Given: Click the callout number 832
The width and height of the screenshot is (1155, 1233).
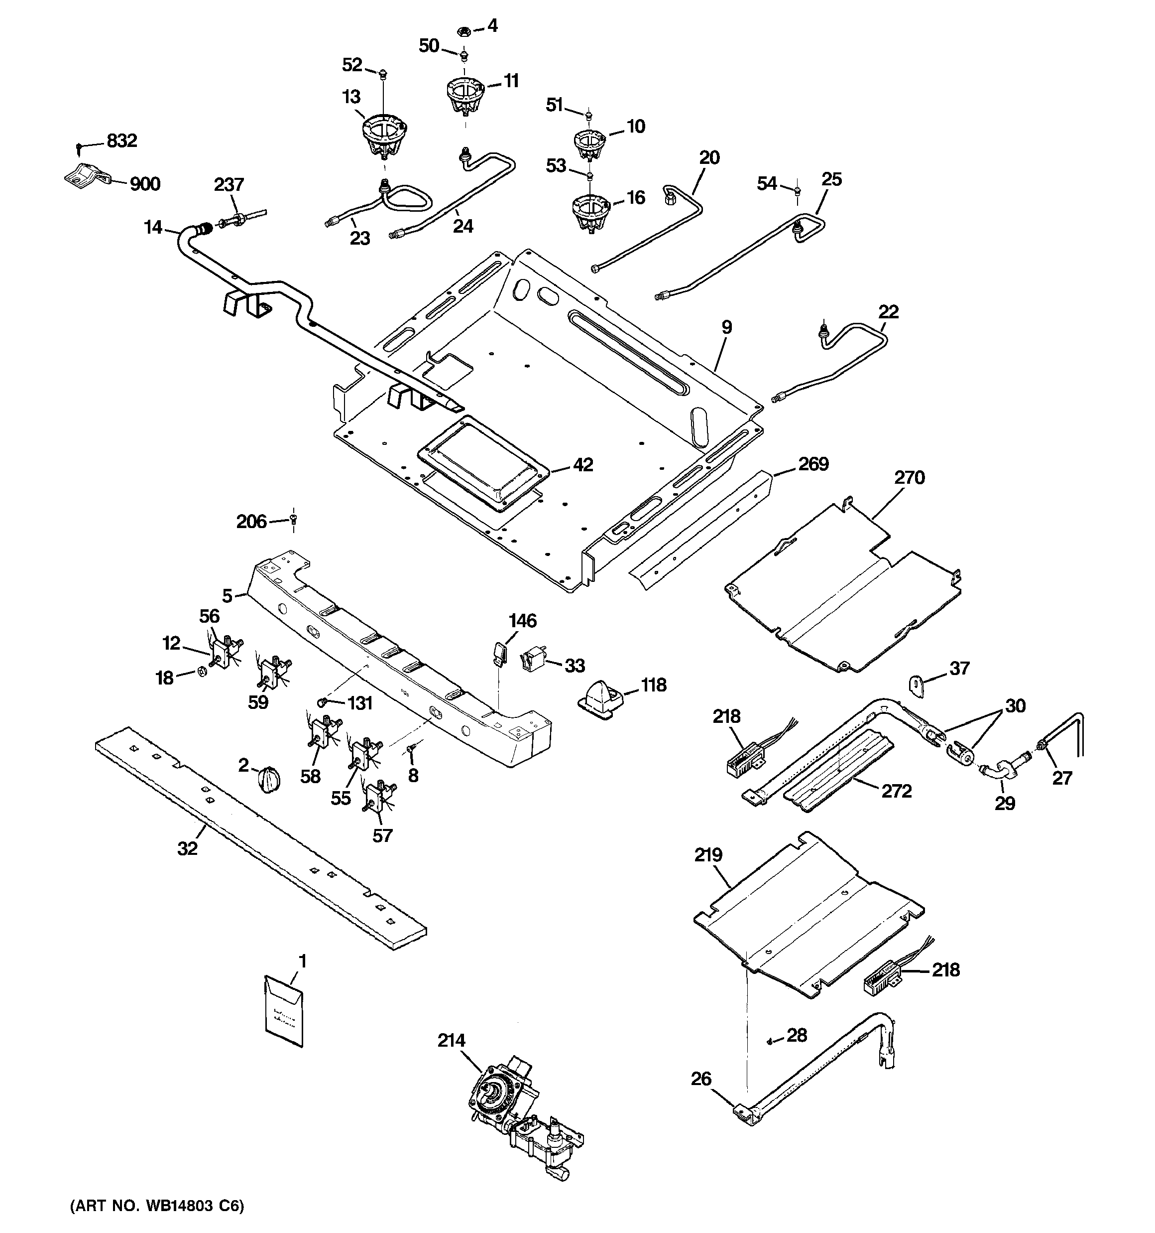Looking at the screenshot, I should pyautogui.click(x=121, y=141).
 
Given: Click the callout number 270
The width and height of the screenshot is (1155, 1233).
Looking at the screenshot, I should pyautogui.click(x=909, y=478).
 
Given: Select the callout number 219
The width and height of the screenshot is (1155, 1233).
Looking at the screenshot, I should pyautogui.click(x=708, y=855).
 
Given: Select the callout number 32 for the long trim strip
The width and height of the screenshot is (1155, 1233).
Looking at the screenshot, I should pyautogui.click(x=187, y=848).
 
